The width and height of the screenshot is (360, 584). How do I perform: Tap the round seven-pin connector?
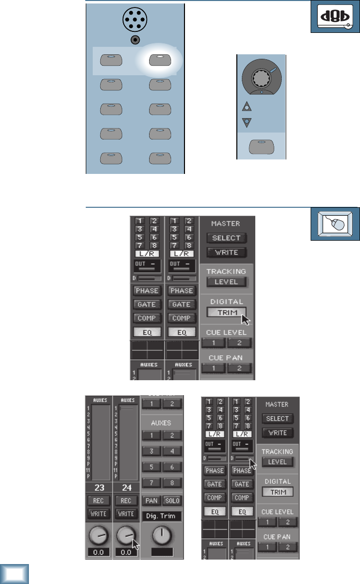[135, 20]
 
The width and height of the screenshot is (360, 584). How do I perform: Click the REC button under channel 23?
[100, 500]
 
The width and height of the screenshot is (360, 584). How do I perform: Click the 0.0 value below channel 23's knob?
[100, 553]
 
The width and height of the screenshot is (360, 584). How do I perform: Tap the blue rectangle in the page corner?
[14, 574]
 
